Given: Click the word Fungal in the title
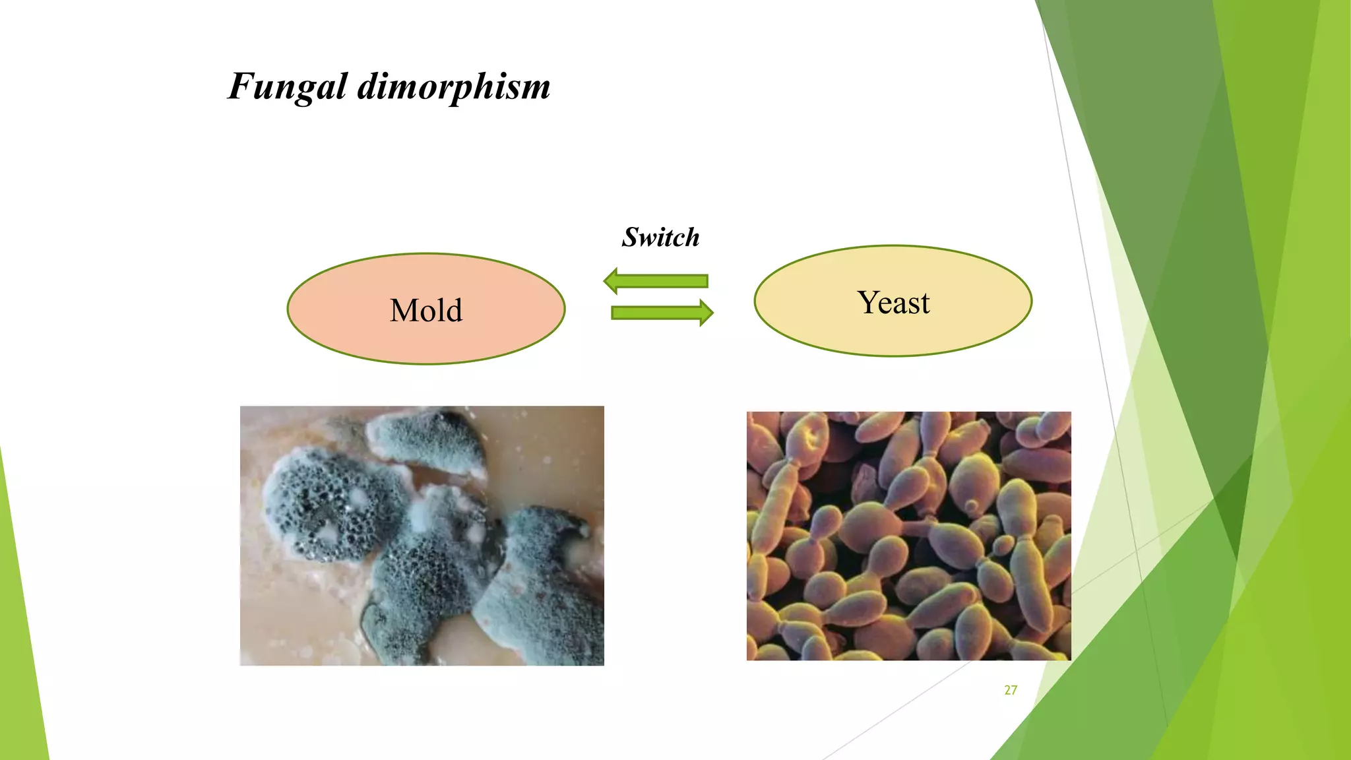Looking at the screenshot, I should (288, 87).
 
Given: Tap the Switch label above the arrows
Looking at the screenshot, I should (660, 237).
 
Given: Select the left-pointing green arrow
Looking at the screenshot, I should (656, 281).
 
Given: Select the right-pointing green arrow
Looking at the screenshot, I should (662, 313).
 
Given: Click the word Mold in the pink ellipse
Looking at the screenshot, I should (426, 310).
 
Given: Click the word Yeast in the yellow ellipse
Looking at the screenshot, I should (893, 303).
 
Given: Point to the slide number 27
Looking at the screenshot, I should (1011, 690).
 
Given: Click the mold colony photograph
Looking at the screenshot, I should (422, 535).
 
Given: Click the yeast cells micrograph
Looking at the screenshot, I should (908, 536).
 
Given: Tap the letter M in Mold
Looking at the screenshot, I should (404, 310).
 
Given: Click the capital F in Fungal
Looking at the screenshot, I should (241, 86).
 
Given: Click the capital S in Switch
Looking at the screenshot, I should (631, 237).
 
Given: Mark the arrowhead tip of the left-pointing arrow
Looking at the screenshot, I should (605, 281).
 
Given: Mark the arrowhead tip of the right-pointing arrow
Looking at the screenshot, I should (712, 313).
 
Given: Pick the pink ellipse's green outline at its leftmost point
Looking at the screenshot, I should (288, 309).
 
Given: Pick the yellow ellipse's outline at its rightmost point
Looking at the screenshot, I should (1031, 301).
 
